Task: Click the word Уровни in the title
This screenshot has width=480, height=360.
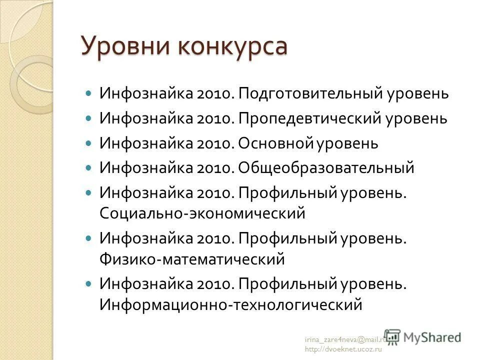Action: pos(122,46)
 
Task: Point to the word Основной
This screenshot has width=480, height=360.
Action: pos(275,143)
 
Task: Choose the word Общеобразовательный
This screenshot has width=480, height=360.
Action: pos(326,168)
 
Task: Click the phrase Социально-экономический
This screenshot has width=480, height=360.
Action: pos(202,213)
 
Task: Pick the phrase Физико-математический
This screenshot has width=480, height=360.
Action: pos(192,260)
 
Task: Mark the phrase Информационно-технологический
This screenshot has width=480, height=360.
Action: pos(230,304)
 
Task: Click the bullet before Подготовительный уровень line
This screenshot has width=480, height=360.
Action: pos(89,93)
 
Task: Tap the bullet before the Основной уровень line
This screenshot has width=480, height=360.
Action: pos(89,143)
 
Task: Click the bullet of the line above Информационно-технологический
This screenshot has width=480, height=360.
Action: pos(89,283)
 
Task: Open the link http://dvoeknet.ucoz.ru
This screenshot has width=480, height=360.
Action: pos(343,349)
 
